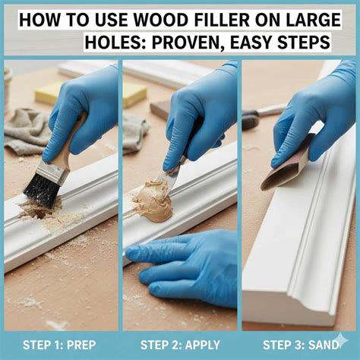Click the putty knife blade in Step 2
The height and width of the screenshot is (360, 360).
(171, 179)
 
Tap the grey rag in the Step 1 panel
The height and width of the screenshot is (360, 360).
(27, 129)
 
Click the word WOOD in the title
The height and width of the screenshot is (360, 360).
(160, 18)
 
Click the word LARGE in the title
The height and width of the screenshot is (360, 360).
(312, 18)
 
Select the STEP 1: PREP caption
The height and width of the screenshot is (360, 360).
(59, 346)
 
